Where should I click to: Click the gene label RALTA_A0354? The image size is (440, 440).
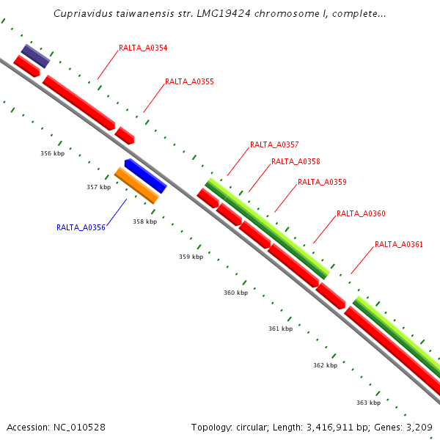click(143, 48)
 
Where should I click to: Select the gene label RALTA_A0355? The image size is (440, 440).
click(189, 82)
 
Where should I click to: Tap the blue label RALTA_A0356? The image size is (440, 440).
click(81, 228)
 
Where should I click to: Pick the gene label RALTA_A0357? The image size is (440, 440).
click(274, 145)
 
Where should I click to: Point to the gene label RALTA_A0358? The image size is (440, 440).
click(296, 162)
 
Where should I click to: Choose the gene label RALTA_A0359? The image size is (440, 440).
click(322, 182)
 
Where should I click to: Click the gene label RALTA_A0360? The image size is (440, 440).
click(361, 214)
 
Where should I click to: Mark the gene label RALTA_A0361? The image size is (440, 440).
click(399, 245)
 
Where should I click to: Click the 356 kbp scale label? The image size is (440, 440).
click(52, 153)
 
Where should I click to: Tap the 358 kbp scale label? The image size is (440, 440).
click(144, 221)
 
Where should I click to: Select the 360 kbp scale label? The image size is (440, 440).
click(235, 293)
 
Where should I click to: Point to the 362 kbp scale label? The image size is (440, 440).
click(325, 365)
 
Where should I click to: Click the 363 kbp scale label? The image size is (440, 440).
click(368, 403)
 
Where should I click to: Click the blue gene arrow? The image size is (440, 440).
click(145, 175)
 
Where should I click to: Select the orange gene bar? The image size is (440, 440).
click(136, 186)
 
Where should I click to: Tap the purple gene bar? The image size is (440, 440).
click(35, 56)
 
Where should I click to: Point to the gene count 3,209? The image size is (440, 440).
click(417, 427)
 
